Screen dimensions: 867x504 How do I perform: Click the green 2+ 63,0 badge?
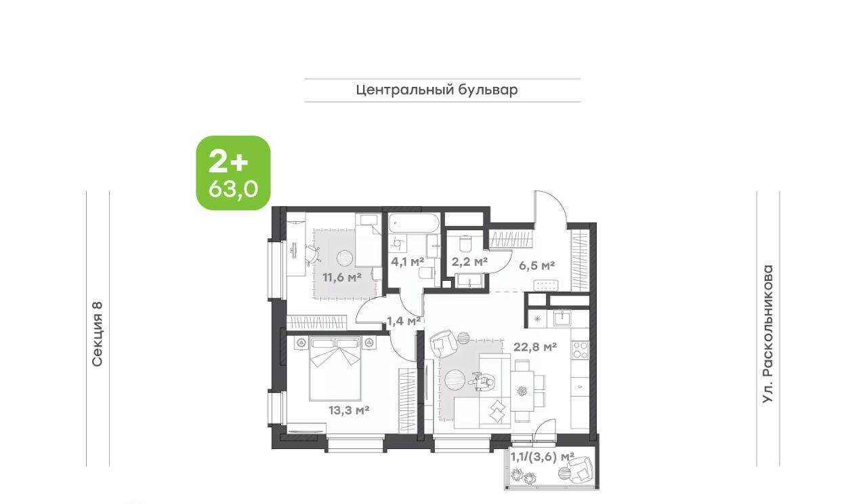[233, 173]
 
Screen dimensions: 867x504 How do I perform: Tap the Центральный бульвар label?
[437, 90]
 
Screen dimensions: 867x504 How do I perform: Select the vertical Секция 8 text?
[98, 334]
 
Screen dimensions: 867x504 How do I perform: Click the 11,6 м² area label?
[342, 277]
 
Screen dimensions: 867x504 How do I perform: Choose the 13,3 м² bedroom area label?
[349, 410]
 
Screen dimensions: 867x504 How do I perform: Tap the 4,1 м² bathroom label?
[408, 262]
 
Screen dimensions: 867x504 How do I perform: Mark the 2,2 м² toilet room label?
[469, 262]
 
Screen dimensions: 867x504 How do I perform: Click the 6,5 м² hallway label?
[537, 266]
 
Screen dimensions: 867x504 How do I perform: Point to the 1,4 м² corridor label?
[404, 321]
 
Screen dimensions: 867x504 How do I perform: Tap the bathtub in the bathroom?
[414, 223]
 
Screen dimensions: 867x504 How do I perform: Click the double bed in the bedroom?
[335, 368]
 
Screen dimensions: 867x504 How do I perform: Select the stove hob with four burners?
[580, 350]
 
